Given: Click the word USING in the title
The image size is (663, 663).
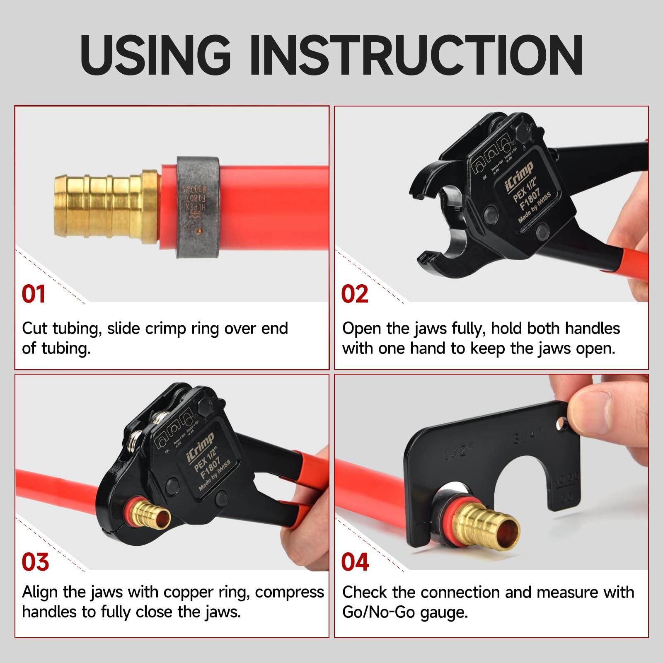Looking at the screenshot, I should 155,56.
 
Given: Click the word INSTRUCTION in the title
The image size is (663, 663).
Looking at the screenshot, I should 417,56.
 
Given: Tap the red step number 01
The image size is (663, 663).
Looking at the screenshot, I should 34,294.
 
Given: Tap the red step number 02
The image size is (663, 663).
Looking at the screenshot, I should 355,294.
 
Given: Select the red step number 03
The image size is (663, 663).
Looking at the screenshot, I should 35,562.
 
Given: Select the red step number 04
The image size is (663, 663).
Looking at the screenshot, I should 355,562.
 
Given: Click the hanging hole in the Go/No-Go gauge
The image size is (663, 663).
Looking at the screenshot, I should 562,424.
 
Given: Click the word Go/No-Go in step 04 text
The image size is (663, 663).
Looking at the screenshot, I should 378,612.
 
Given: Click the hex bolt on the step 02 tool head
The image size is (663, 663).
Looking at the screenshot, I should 522,133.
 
